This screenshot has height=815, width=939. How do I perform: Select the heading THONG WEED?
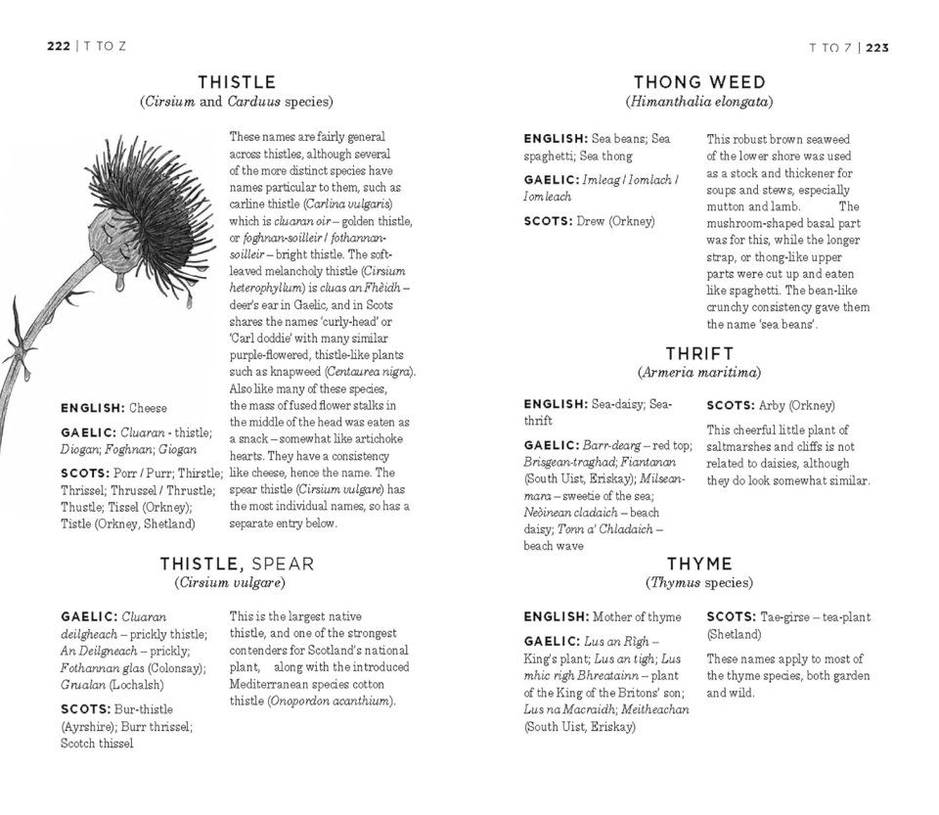[x=698, y=82]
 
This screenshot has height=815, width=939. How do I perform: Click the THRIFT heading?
[x=698, y=353]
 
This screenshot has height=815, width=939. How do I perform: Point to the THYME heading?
[x=698, y=564]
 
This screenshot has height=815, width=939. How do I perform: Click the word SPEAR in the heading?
[x=283, y=564]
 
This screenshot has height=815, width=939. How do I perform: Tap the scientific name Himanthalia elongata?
[x=699, y=102]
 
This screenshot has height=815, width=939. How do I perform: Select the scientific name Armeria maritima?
[x=698, y=373]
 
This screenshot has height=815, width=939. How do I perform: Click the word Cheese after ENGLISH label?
[x=148, y=408]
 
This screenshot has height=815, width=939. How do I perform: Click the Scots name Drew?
[x=591, y=221]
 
